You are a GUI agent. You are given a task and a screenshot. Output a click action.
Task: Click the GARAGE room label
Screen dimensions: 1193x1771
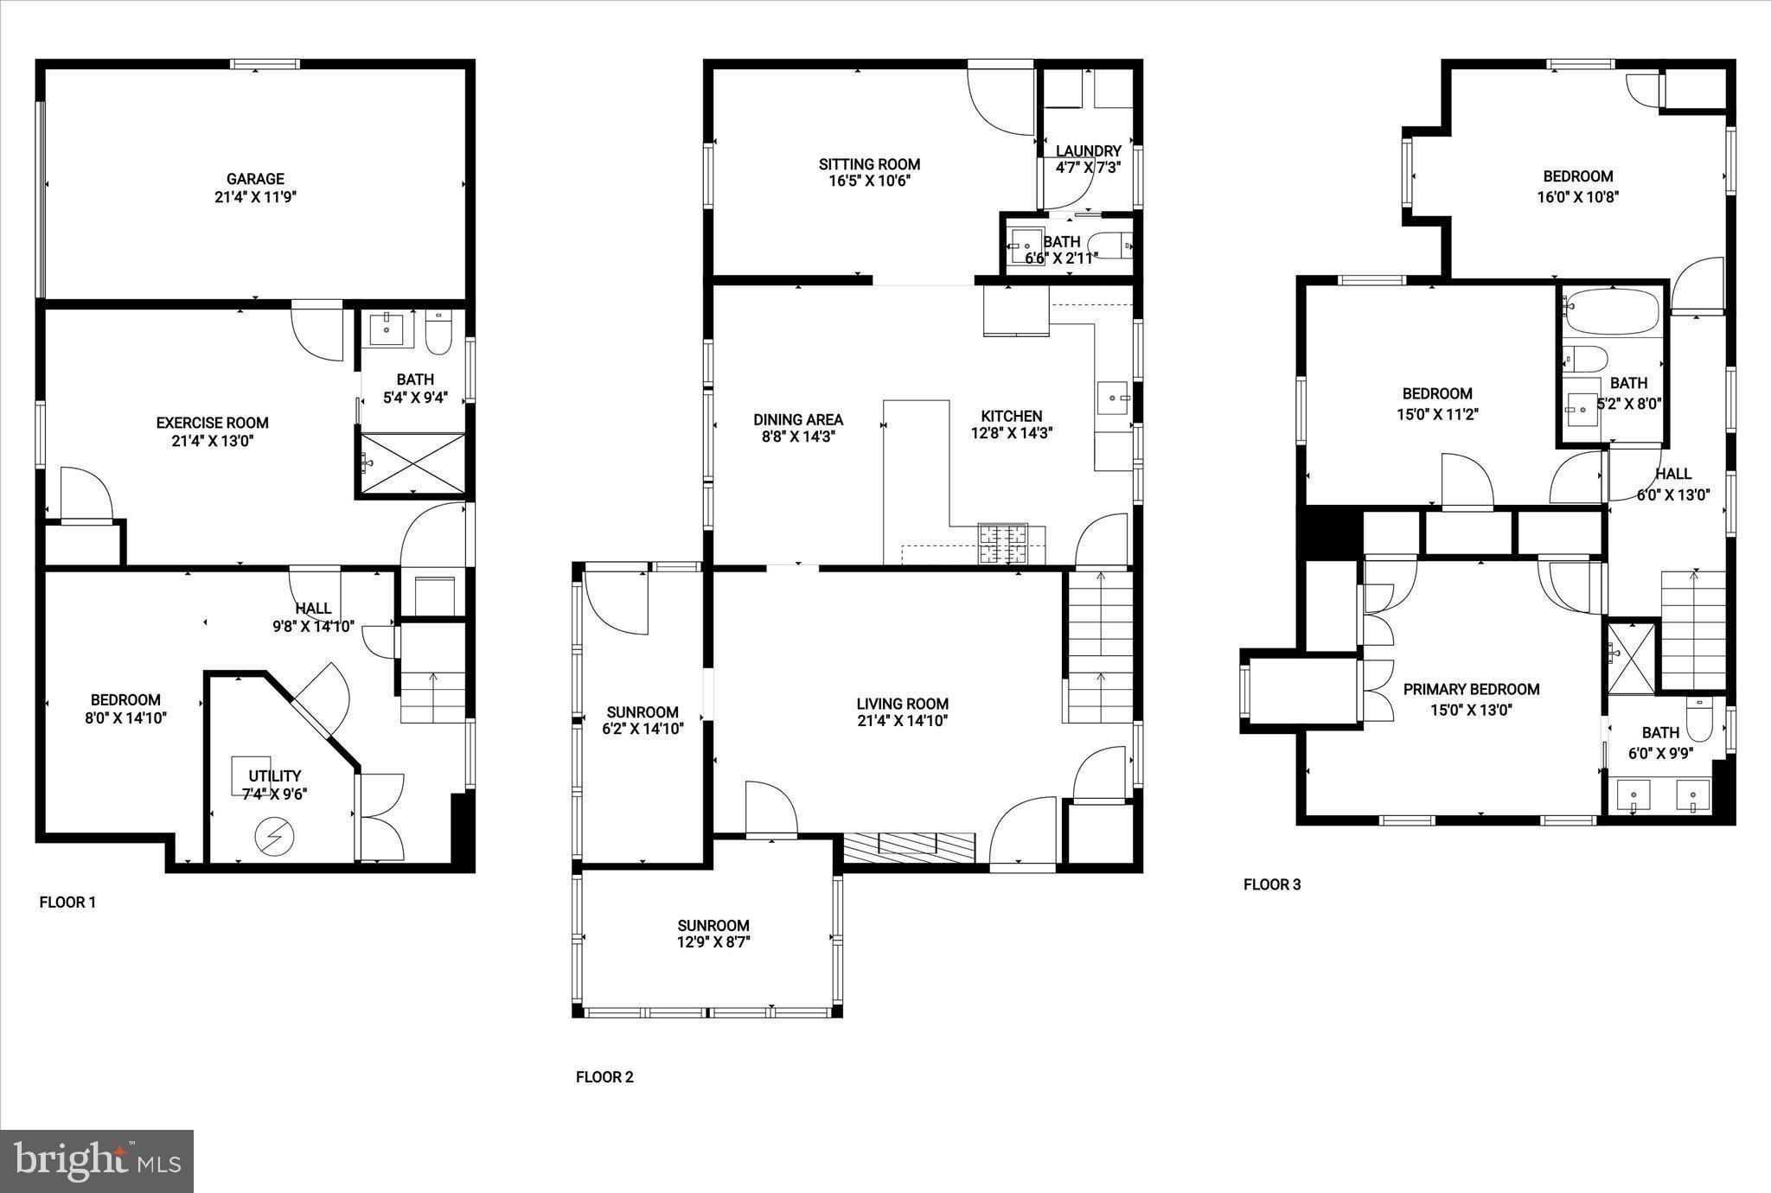click(x=255, y=179)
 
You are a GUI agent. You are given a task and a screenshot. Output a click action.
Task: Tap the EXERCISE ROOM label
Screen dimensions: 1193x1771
click(x=212, y=423)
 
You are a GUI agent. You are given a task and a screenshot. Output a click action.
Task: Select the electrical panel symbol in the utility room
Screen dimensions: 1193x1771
click(x=274, y=835)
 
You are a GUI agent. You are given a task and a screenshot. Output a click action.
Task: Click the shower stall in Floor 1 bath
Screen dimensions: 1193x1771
click(x=412, y=463)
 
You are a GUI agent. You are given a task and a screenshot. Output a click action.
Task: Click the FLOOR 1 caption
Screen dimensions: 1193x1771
click(x=67, y=903)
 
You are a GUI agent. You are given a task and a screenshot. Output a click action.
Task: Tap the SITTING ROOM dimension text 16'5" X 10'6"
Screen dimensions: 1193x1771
click(x=869, y=182)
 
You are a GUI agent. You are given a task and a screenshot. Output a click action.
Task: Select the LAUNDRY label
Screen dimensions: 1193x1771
click(x=1088, y=150)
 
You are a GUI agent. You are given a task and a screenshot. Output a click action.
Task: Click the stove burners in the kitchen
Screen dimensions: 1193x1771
click(x=1003, y=543)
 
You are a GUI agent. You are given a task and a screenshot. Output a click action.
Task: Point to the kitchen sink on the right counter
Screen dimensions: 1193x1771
click(x=1112, y=398)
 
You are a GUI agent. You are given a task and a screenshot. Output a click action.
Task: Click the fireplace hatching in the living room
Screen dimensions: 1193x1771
click(x=909, y=845)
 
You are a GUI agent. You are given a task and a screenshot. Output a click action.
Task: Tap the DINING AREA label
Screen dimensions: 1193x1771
click(x=797, y=420)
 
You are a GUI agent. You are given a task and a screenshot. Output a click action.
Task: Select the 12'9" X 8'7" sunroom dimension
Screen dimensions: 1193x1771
click(x=713, y=942)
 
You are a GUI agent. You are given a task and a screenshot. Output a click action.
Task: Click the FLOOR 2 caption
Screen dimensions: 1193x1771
click(x=604, y=1077)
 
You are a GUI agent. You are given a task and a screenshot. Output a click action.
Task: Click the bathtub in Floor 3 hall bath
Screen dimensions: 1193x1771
click(x=1614, y=311)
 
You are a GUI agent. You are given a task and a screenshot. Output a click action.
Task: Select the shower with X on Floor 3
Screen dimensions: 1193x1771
click(x=1631, y=656)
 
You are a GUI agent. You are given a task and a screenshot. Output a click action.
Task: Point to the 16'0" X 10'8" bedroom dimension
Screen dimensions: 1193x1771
click(x=1577, y=197)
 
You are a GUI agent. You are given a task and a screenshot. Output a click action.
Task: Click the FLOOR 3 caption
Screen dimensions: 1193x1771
click(x=1271, y=884)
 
